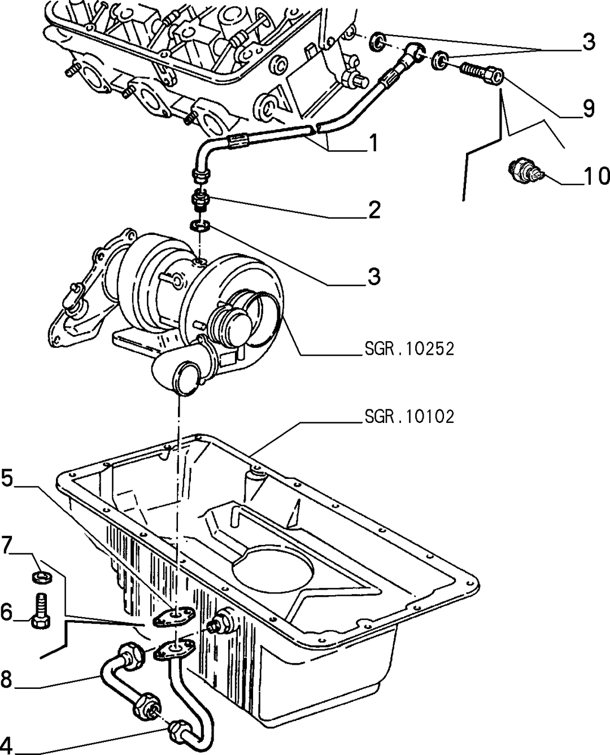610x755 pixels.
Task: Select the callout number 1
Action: [373, 143]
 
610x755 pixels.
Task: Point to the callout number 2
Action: [374, 210]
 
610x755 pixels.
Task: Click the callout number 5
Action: [7, 478]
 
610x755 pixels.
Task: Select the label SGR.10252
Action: [409, 349]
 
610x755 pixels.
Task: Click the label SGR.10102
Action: [409, 417]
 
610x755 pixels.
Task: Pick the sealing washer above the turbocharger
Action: [200, 226]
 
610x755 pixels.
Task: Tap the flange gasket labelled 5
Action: [173, 617]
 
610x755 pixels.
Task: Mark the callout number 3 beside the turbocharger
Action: [374, 276]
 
